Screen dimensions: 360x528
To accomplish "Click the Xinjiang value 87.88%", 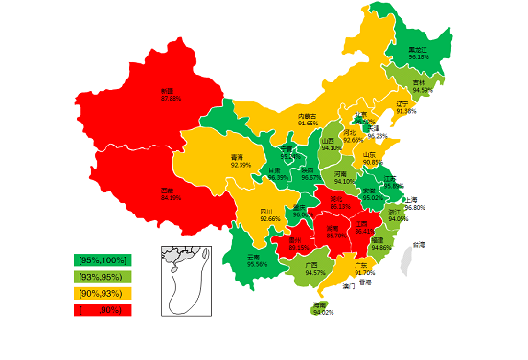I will [x=172, y=99].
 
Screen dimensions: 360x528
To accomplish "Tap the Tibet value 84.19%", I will [x=171, y=198].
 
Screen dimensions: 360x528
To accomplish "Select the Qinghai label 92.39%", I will [x=241, y=166].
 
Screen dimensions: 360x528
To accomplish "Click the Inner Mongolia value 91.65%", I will [x=308, y=124].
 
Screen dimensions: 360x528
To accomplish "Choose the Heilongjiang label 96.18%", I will [x=419, y=57].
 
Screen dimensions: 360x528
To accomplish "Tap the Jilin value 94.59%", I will [x=423, y=91].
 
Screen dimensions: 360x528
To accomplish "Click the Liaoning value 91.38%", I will [x=405, y=112].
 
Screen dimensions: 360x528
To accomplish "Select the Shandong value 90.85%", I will [x=373, y=162].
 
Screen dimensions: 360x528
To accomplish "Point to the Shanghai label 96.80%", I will [x=415, y=207].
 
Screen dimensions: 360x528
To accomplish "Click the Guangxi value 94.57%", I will [x=314, y=273].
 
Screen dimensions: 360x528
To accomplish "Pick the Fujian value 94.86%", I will [x=380, y=247].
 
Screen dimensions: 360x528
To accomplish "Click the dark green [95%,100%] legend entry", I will [x=103, y=260].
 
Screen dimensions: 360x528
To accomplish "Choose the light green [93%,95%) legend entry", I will [x=103, y=277].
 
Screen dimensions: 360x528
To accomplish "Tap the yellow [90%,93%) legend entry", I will [x=103, y=293].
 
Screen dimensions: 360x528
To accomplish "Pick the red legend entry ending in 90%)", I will [x=103, y=309].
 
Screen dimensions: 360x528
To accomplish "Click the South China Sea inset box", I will [x=186, y=280].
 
